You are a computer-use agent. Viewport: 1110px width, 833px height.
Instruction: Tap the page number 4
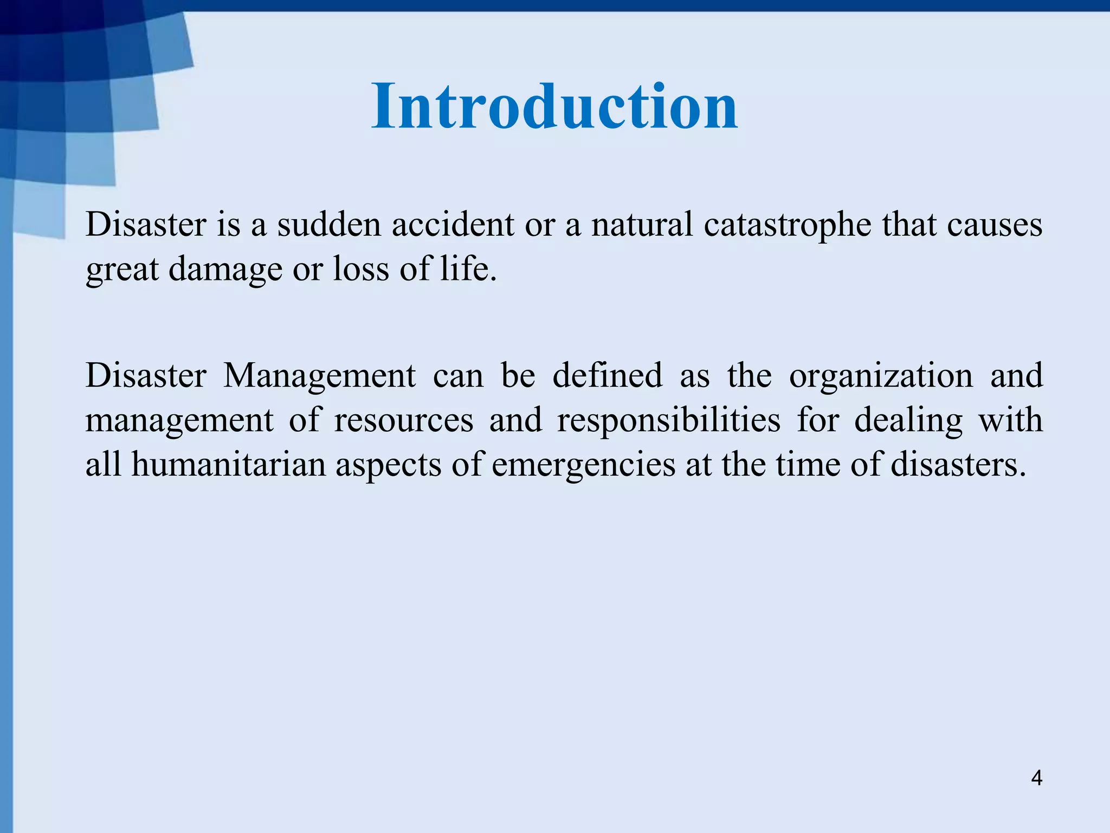(1036, 778)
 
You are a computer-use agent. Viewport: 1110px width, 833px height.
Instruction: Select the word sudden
(330, 224)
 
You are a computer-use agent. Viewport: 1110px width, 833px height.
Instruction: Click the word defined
(607, 375)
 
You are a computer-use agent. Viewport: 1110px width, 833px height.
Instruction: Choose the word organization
(881, 376)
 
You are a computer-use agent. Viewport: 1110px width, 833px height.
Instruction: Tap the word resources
(403, 420)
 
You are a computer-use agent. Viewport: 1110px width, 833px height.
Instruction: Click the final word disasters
(958, 465)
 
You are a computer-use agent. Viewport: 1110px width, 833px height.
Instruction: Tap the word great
(122, 270)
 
